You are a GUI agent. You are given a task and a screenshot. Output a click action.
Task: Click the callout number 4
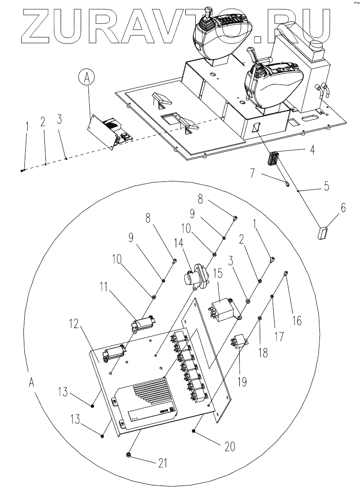click(x=312, y=149)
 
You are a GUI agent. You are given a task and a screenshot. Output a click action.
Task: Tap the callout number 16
click(x=296, y=321)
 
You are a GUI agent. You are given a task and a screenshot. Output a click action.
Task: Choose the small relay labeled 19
click(x=240, y=342)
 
